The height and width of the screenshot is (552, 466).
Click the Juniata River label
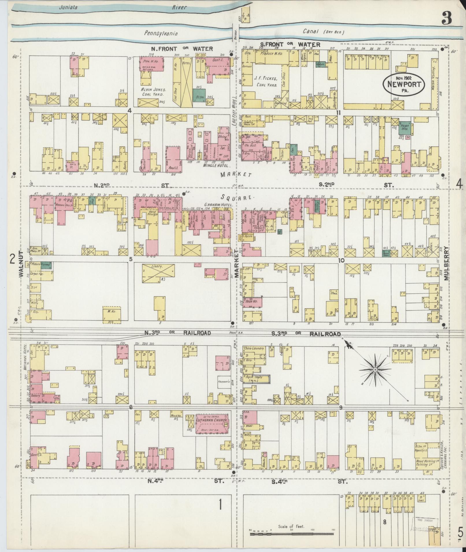[x=68, y=8]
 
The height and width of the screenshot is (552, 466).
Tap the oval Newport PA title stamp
[x=404, y=84]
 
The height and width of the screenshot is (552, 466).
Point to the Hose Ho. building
[x=253, y=302]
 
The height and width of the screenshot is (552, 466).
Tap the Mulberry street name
[x=446, y=264]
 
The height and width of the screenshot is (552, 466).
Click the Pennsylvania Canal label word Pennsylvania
[x=161, y=33]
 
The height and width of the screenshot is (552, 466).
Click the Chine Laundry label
[x=255, y=349]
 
